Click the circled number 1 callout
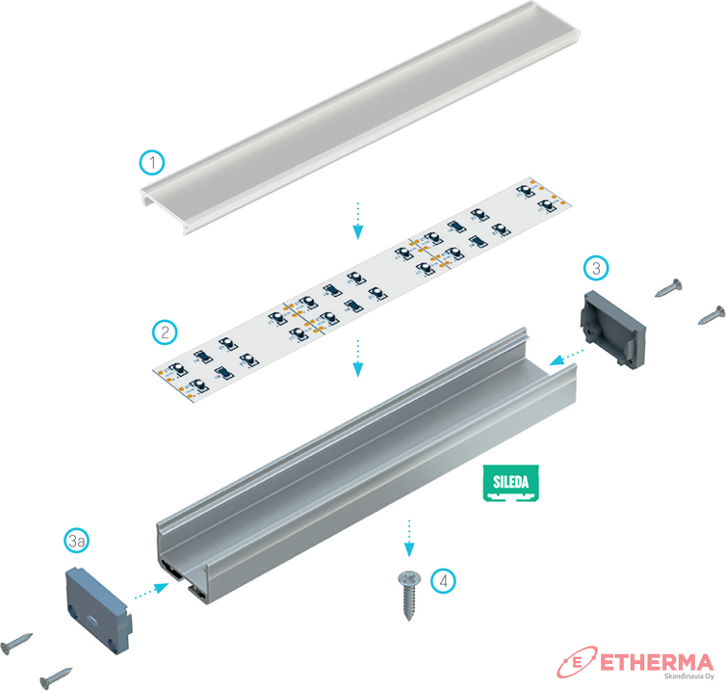click(152, 162)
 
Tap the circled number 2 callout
click(165, 332)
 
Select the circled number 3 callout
click(596, 268)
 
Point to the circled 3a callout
click(77, 541)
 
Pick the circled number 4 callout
click(443, 581)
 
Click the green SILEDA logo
click(510, 483)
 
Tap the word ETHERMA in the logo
click(657, 663)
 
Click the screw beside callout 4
click(409, 596)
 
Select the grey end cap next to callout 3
click(613, 330)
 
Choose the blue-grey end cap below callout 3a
click(98, 610)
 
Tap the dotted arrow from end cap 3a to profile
click(152, 592)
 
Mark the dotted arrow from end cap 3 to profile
click(566, 357)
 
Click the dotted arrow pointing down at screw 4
click(409, 538)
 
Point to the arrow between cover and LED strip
click(357, 221)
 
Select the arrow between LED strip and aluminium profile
click(357, 358)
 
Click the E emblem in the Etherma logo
click(577, 662)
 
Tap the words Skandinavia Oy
click(689, 677)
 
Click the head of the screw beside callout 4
click(409, 577)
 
